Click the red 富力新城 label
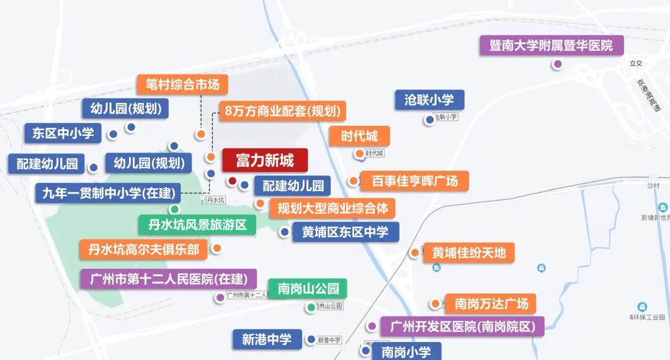pos(265,161)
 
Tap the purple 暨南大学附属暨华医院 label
pos(551,45)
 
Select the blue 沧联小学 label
pos(429,100)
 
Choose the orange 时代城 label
pos(359,136)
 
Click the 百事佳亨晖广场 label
pos(414,181)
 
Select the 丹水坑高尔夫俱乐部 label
pos(144,250)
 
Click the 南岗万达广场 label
pos(491,304)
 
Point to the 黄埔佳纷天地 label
pos(469,253)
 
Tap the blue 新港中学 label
pos(267,339)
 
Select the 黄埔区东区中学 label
pos(346,232)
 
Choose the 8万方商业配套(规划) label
pos(282,112)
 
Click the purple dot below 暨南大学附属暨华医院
pos(558,64)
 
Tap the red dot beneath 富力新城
pos(232,181)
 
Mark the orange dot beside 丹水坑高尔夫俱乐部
pos(217,249)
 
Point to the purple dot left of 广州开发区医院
pos(372,326)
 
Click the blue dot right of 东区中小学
pos(113,134)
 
